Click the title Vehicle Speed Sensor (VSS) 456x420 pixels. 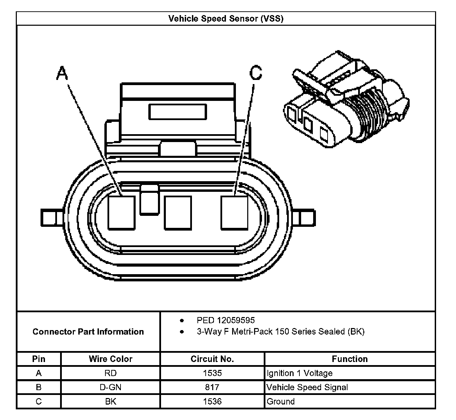tap(226, 19)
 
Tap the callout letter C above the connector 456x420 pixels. tap(256, 72)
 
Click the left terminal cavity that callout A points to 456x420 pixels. tap(121, 212)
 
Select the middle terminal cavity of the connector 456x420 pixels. tap(178, 212)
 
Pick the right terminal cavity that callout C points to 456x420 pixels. tap(234, 212)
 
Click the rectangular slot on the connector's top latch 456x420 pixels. tap(178, 112)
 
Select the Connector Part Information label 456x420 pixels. tap(88, 332)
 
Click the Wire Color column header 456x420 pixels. tap(111, 359)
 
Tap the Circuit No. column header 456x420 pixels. tap(212, 359)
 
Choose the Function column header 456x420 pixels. tap(350, 359)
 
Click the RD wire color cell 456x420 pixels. tap(111, 373)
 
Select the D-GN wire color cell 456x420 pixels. tap(111, 387)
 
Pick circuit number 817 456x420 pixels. tap(212, 387)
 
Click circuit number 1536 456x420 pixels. tap(212, 401)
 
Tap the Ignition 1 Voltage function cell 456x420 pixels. tap(299, 373)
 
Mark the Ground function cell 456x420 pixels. tap(281, 401)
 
